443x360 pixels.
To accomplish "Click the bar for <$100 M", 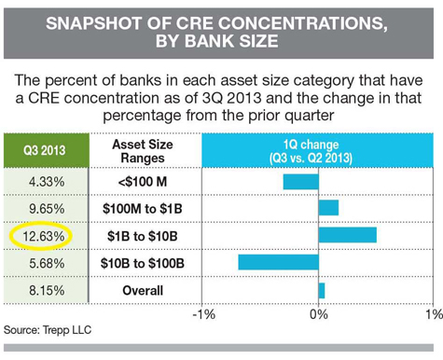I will pos(301,181).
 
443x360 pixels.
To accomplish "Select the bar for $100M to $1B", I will pos(328,207).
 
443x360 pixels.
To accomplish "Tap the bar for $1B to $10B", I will pos(347,234).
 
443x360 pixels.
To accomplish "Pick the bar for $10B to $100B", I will pos(279,262).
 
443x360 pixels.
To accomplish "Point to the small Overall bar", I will pos(322,290).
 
